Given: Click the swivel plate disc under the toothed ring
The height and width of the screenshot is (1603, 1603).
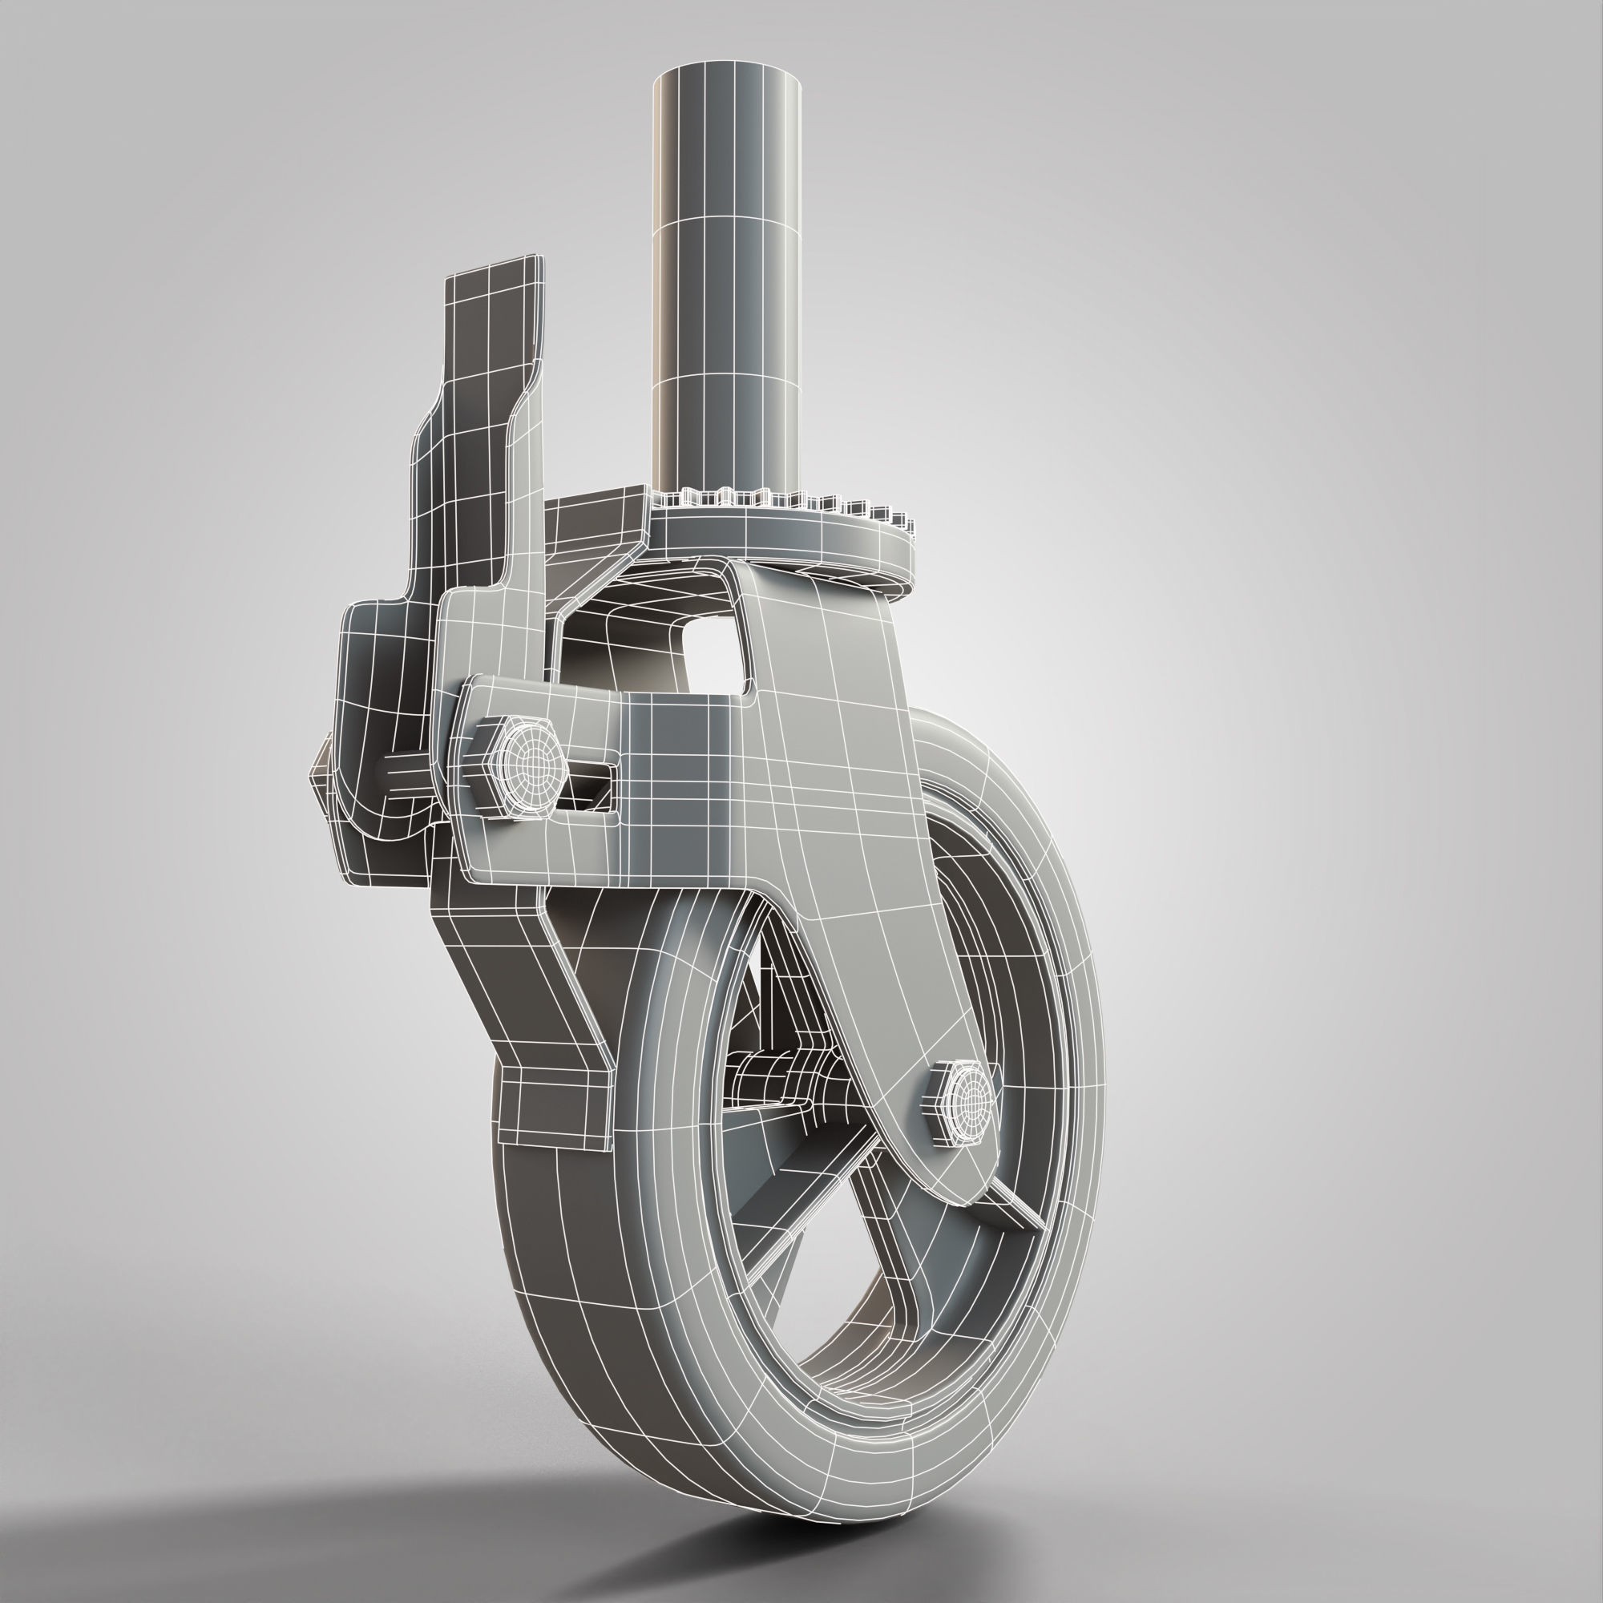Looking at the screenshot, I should [x=797, y=547].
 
